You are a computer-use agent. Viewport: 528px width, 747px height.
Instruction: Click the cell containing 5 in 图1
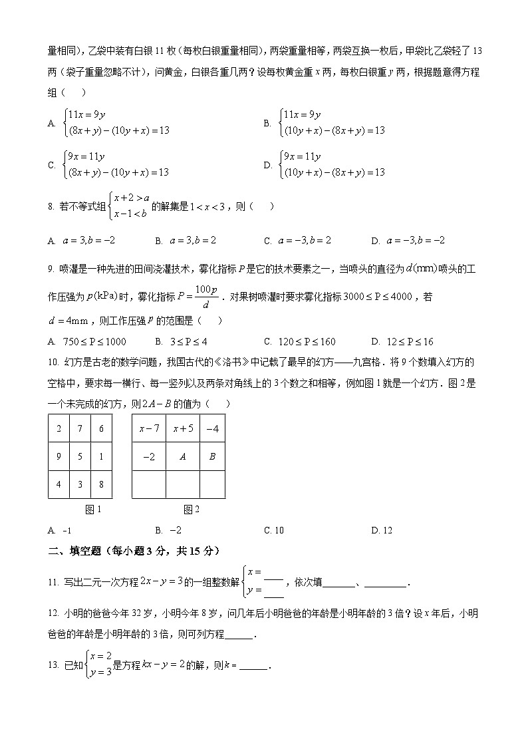click(x=80, y=456)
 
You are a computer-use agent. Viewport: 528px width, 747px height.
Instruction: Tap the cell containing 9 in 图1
click(x=59, y=456)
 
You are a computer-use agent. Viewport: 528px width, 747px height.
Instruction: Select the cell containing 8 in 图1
click(x=101, y=484)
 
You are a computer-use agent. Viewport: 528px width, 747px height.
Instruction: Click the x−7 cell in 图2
click(x=149, y=429)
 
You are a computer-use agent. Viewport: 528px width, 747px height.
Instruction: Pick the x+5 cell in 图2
click(x=183, y=429)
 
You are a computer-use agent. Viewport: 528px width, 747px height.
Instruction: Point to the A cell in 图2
click(x=183, y=456)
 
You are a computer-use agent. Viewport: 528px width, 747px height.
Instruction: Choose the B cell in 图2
click(x=212, y=456)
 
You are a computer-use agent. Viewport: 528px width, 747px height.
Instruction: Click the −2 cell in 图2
click(x=149, y=456)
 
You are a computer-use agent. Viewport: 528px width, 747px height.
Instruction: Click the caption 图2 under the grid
click(x=192, y=510)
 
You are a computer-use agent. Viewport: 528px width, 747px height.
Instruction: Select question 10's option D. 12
click(x=382, y=530)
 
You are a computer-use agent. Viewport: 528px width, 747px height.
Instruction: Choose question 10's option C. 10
click(x=273, y=530)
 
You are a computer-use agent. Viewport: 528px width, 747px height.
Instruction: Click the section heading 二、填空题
click(x=134, y=551)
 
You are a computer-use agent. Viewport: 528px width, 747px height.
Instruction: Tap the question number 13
click(x=54, y=666)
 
